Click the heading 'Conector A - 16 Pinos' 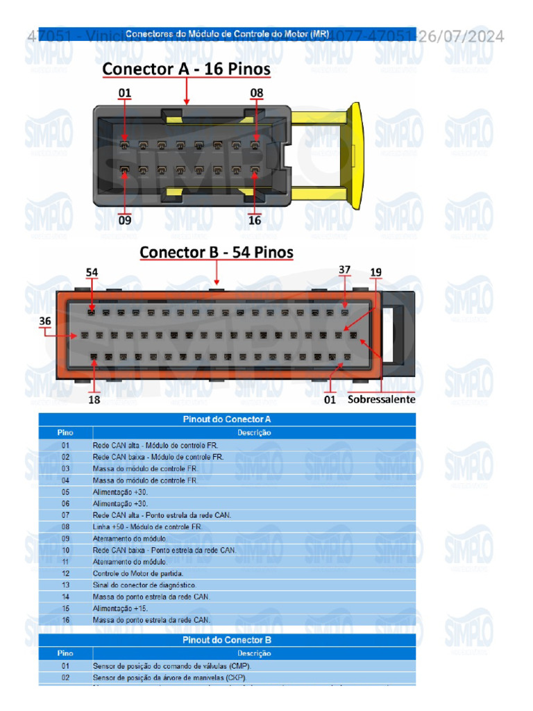click(x=186, y=69)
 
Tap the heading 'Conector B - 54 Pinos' click(x=217, y=251)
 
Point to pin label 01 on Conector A click(x=125, y=92)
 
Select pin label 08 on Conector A click(x=257, y=92)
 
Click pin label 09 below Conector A click(x=125, y=221)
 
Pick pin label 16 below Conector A click(x=255, y=221)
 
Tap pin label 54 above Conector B click(x=92, y=273)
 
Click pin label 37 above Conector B click(x=345, y=269)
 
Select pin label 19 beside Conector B click(x=375, y=273)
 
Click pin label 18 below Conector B click(x=94, y=400)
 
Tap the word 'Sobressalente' click(x=381, y=400)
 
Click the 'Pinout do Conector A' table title click(x=226, y=419)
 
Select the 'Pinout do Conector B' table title click(x=226, y=640)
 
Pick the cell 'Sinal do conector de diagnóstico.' click(x=144, y=585)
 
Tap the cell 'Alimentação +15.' click(x=119, y=608)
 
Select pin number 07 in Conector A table click(x=65, y=515)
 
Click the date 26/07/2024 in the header click(x=462, y=36)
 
